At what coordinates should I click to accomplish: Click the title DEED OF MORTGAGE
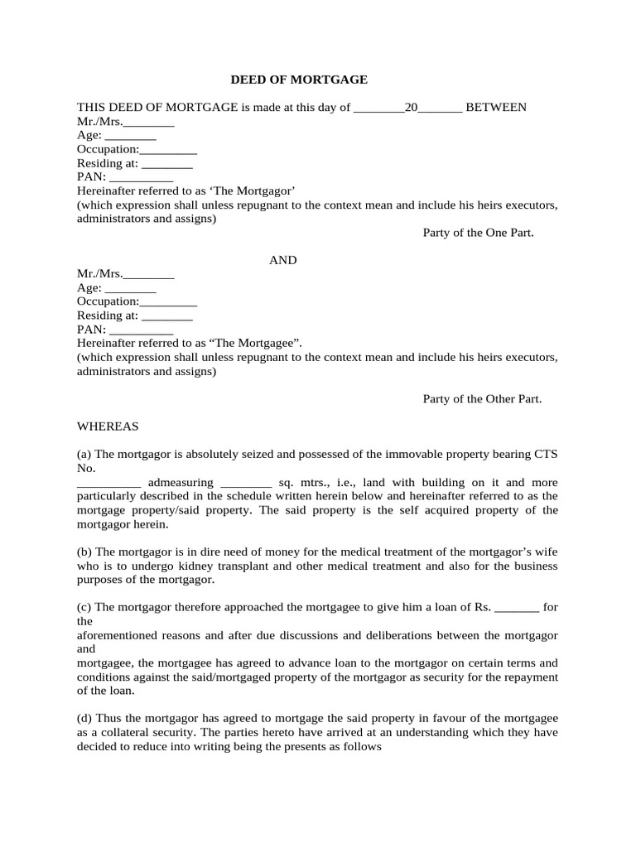click(x=298, y=79)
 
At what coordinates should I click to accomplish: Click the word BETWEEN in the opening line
click(x=496, y=108)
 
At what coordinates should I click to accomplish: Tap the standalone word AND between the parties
click(x=283, y=260)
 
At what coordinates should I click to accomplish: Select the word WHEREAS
click(x=108, y=426)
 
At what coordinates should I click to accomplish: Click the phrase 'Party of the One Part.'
click(x=479, y=233)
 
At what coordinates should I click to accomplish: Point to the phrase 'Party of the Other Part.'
click(x=482, y=399)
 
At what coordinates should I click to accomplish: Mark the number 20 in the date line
click(x=411, y=108)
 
